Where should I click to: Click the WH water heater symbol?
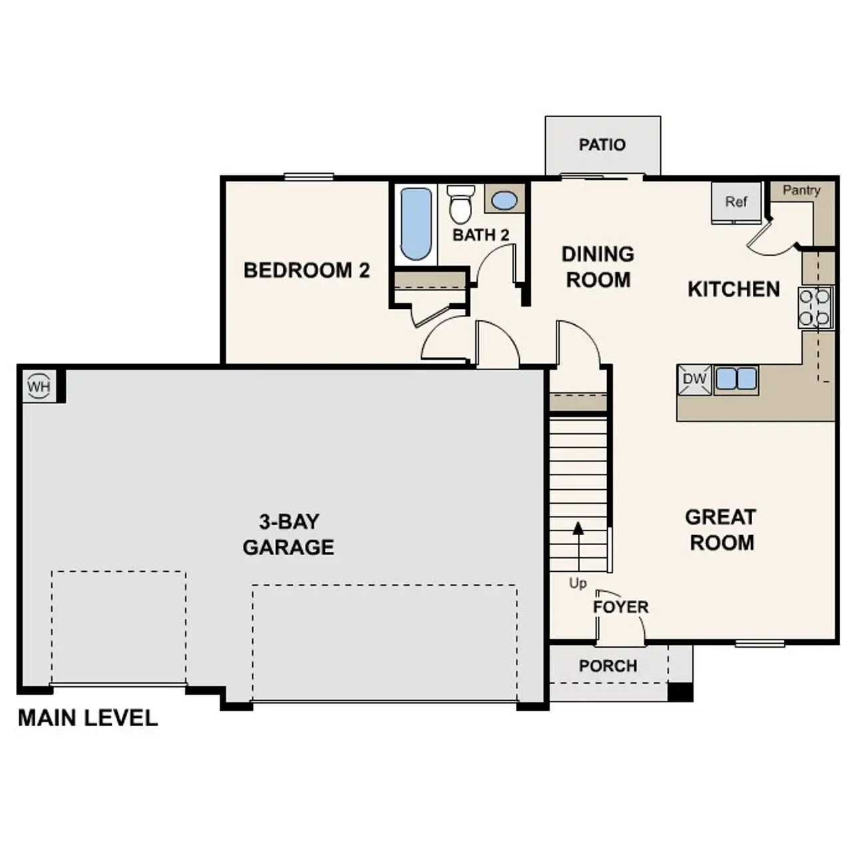pos(39,386)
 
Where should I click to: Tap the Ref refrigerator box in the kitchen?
pos(736,202)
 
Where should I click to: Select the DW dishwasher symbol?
pos(694,379)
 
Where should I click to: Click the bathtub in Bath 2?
pos(417,224)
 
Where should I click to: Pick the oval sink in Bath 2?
pos(504,200)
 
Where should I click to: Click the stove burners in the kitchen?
pos(815,308)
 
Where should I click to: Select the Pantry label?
pos(801,190)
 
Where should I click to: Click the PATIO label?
pos(602,145)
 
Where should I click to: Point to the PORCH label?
pos(608,666)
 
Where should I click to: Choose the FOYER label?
pos(620,607)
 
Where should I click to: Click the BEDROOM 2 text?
pos(306,270)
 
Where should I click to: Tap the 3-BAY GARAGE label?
pos(288,534)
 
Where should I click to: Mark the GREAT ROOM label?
pos(721,530)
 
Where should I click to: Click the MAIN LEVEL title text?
pos(88,718)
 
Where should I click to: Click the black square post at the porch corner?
pos(680,692)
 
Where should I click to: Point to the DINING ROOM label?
pos(598,267)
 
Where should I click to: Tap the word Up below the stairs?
pos(578,583)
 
